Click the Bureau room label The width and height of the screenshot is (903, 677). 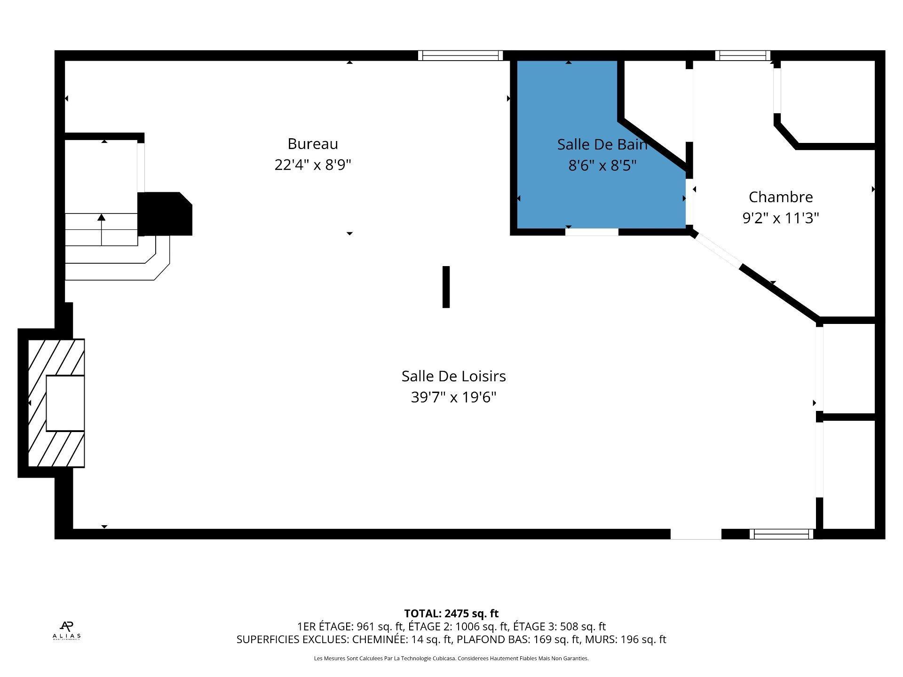click(x=313, y=144)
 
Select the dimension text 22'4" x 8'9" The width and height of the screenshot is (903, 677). click(x=313, y=165)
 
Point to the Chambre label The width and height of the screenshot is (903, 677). click(x=781, y=197)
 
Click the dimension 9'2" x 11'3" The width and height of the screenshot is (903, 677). click(x=781, y=218)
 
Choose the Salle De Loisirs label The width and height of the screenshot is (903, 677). click(x=453, y=376)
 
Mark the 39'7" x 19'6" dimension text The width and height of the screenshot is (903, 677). click(x=453, y=398)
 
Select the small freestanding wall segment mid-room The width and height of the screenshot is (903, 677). click(x=446, y=287)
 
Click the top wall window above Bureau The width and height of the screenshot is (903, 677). click(x=460, y=55)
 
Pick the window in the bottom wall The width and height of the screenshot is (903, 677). click(x=781, y=534)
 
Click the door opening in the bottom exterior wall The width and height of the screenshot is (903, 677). click(x=696, y=534)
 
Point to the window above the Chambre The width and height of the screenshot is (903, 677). click(x=743, y=55)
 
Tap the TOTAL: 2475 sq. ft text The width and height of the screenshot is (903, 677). click(x=451, y=614)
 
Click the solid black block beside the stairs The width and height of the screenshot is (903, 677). click(x=165, y=214)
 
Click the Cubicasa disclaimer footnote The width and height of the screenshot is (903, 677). click(x=451, y=659)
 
